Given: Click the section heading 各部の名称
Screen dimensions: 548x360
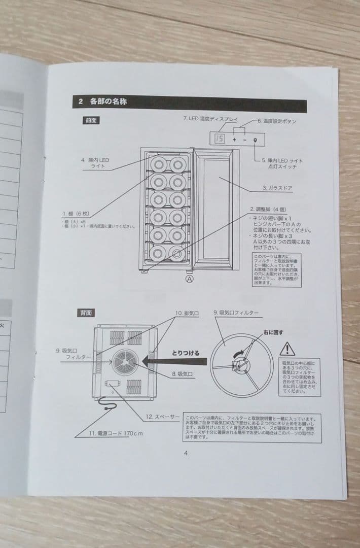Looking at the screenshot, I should coord(108,101).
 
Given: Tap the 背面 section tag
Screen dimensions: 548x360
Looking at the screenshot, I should coord(85,313).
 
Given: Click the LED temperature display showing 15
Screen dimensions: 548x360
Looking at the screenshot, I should coord(220,139).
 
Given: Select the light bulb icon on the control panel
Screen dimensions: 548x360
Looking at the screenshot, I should coord(255,140).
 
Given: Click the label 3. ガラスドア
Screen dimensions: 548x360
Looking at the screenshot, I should coord(277,188).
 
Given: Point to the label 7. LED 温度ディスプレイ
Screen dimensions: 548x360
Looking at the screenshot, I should coord(210,119).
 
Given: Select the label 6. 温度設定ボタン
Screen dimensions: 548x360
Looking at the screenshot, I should coord(277,121).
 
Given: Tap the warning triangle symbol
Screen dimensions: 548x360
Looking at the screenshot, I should coord(287,349).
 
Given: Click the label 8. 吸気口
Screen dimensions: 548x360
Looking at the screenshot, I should coord(182,373).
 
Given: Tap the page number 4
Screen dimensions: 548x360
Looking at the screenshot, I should coord(186,453).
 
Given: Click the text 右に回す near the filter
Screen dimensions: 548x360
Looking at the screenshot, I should coord(273,332).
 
